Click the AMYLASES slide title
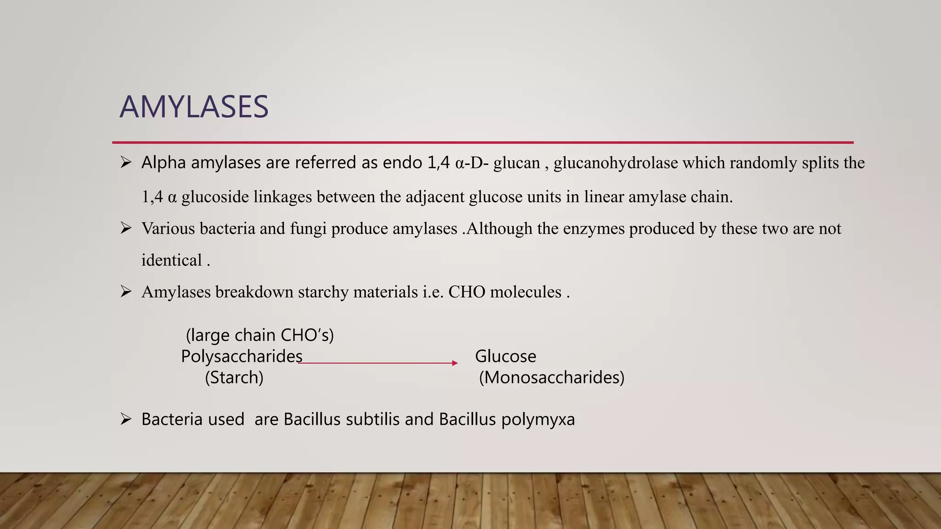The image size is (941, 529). tap(194, 107)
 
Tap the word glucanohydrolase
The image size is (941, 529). tap(616, 163)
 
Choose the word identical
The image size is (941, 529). tap(171, 260)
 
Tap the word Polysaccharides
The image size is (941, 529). tap(242, 356)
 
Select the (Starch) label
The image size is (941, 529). tap(234, 377)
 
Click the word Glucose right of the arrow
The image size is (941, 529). tap(505, 356)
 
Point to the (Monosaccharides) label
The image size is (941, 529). tap(551, 377)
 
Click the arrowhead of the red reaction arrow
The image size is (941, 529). tap(455, 363)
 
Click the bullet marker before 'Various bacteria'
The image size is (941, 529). tap(126, 228)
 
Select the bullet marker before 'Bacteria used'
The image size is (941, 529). tap(126, 419)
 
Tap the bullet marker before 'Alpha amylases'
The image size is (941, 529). tap(126, 162)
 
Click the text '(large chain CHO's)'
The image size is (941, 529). tap(260, 335)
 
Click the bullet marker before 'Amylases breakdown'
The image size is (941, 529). tap(126, 291)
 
